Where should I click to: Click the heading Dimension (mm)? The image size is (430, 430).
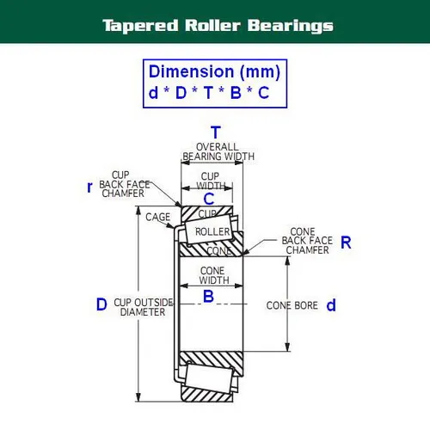214,71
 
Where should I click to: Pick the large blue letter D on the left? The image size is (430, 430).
101,304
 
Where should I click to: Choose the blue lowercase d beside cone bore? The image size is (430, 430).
331,305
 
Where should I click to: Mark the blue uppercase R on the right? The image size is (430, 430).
346,243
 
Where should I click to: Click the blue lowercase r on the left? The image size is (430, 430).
89,187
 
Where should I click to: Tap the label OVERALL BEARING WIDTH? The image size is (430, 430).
218,151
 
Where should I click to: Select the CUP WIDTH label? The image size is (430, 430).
211,180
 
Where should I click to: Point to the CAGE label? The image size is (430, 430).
157,217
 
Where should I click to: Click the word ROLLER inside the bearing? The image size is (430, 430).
212,232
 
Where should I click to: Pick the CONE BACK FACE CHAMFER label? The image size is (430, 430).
305,241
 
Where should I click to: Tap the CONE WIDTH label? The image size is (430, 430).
207,275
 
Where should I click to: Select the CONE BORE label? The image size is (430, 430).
292,305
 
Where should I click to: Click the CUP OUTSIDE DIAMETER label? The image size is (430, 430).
143,307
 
